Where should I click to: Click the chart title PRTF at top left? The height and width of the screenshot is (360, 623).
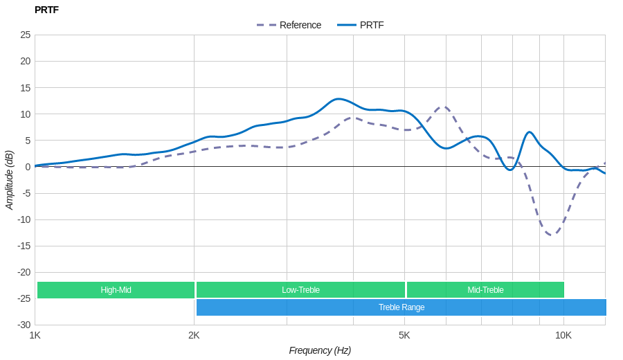point(46,10)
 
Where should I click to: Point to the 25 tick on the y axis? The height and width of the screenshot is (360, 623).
point(26,35)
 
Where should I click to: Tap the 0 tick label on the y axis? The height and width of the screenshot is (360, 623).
point(28,167)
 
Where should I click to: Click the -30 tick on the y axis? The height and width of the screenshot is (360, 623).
point(24,325)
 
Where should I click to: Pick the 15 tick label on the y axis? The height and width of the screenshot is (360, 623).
point(26,88)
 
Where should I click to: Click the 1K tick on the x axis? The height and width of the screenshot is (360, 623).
point(35,335)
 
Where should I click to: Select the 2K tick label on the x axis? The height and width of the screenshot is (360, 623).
point(194,335)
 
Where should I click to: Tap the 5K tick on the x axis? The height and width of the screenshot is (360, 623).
point(404,335)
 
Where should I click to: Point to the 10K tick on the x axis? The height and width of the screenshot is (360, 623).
point(563,335)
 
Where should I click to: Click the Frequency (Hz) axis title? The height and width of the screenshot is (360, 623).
point(320,350)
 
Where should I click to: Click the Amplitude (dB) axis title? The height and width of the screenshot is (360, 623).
point(10,180)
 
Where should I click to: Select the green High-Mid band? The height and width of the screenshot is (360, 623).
point(116,290)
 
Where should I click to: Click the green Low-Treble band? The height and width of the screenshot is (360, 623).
point(300,290)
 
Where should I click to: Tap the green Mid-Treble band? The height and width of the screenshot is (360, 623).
point(485,290)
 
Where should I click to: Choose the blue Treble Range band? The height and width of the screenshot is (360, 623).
point(401,307)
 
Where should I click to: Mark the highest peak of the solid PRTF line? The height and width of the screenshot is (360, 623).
point(338,99)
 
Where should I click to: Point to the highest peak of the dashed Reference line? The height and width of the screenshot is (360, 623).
point(444,107)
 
